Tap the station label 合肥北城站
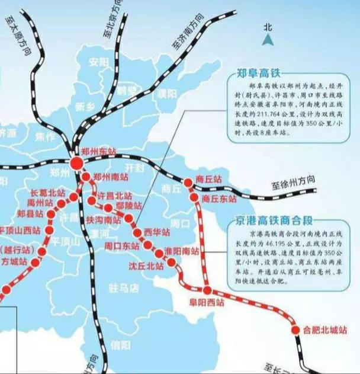tap(323, 330)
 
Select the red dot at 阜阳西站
tap(207, 290)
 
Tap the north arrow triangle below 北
tap(268, 40)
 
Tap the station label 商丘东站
tap(219, 199)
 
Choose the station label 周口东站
tap(122, 245)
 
